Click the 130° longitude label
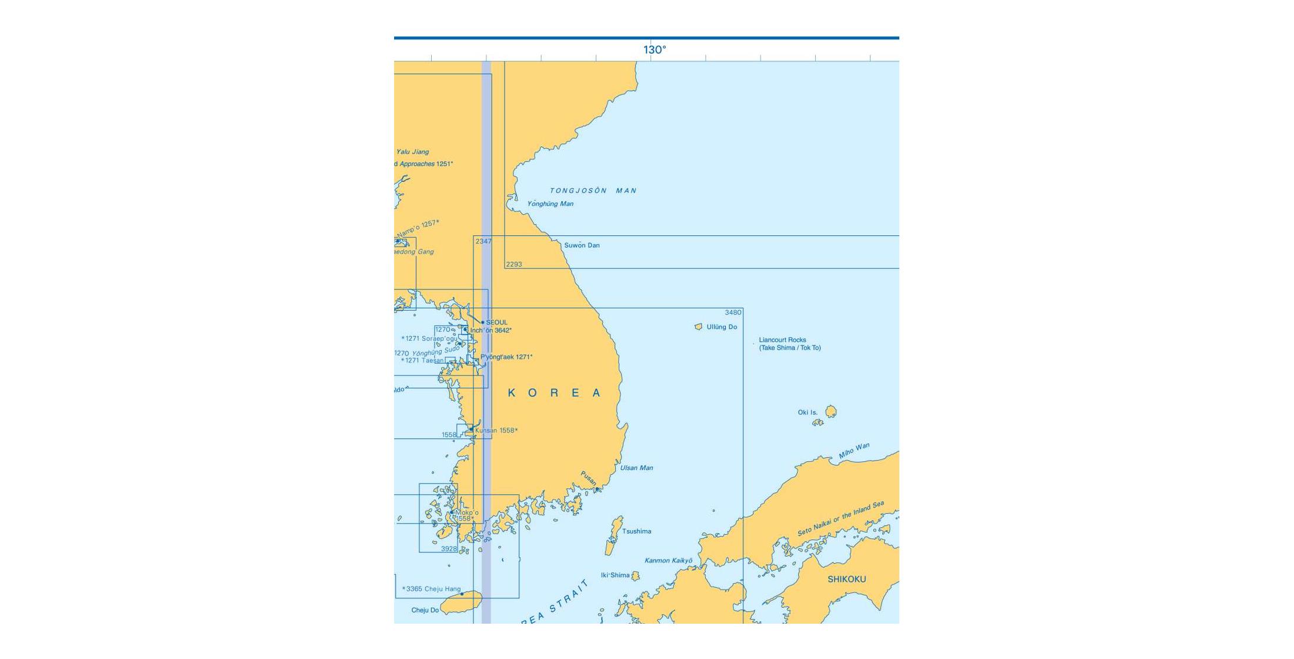point(654,50)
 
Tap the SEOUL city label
point(496,322)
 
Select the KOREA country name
point(554,393)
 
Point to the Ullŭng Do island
point(699,327)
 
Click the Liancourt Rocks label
point(782,340)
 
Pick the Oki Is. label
point(807,412)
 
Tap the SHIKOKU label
point(846,579)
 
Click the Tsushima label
point(636,531)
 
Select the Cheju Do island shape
point(461,603)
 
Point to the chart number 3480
point(733,312)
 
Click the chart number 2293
point(513,264)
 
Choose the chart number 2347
point(483,241)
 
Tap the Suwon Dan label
point(582,245)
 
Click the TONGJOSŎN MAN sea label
point(593,191)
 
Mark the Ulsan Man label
point(636,468)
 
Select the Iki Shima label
point(615,575)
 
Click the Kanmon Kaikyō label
point(668,560)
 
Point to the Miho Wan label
point(854,451)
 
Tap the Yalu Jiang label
point(412,152)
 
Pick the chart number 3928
point(449,548)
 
